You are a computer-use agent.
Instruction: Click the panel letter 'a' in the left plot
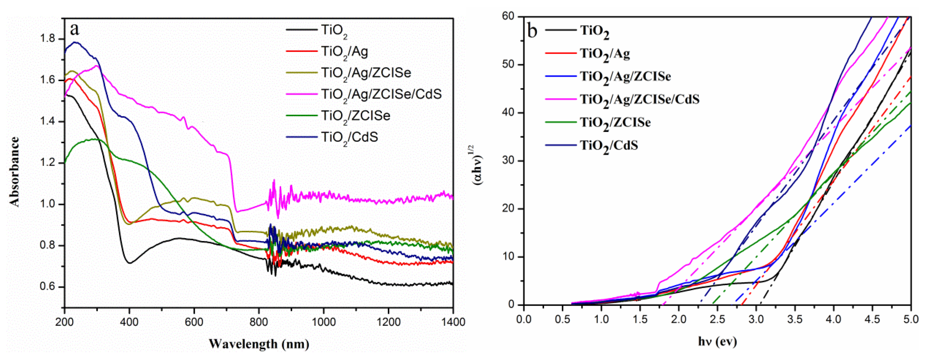pos(75,29)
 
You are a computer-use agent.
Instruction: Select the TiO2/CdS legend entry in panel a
pos(349,137)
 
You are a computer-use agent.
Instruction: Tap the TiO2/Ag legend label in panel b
pos(605,54)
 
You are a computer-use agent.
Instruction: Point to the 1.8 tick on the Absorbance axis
pos(48,39)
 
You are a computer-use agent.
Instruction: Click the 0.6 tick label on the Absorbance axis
pos(48,287)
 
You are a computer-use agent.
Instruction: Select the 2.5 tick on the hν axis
pos(717,319)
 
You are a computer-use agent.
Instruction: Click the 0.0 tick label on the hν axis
pos(523,319)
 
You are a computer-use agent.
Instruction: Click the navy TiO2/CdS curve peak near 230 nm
pos(75,42)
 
